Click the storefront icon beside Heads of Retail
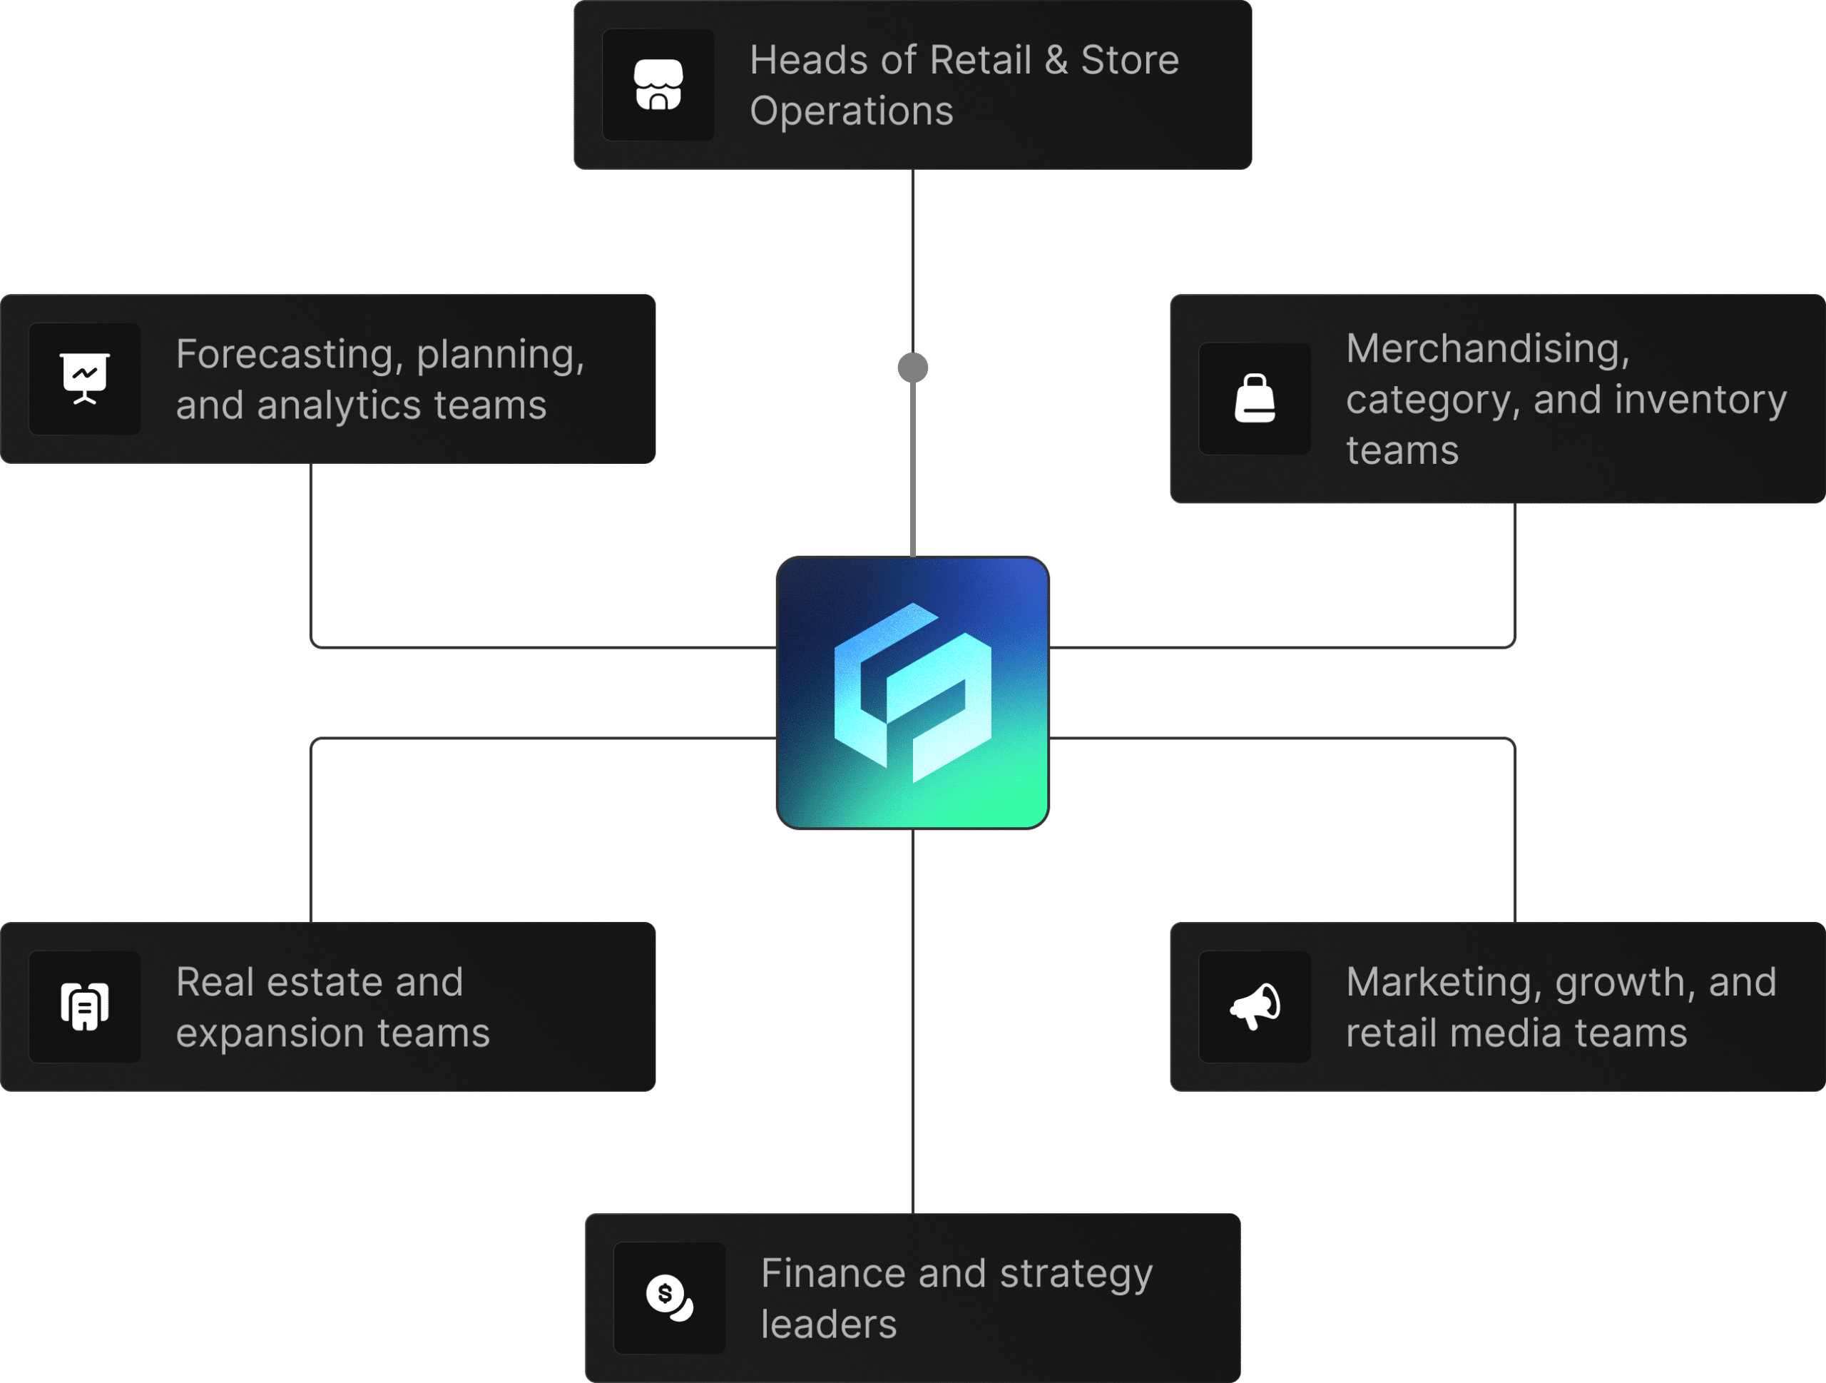pos(658,84)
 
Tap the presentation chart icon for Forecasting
pos(84,378)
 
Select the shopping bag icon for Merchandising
pos(1254,398)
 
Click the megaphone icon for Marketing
pos(1254,1005)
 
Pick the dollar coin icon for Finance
pos(668,1297)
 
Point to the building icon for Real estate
pos(84,1005)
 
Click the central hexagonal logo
pos(912,693)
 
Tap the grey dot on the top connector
pos(912,368)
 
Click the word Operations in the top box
pos(851,111)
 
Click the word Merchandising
pos(1487,348)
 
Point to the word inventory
pos(1700,400)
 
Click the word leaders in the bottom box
pos(828,1324)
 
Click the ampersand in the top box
pos(1056,60)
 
